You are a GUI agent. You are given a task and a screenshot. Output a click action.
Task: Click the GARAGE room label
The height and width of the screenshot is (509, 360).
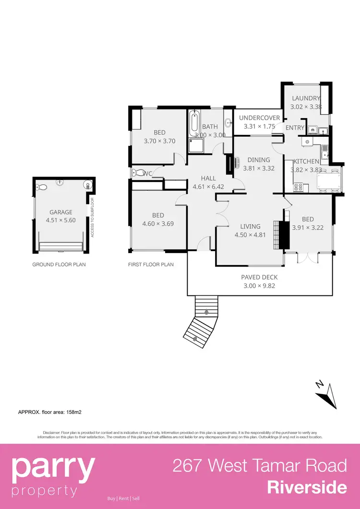tap(61, 212)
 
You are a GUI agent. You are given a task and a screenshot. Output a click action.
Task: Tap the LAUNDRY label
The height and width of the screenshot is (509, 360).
tap(306, 98)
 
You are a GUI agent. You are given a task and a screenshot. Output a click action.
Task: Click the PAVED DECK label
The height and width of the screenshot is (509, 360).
tap(259, 277)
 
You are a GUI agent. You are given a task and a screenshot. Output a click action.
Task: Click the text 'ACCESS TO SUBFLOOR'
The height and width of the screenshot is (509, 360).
tap(92, 218)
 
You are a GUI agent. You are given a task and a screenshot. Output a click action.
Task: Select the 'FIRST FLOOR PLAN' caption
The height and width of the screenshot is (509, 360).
tap(151, 265)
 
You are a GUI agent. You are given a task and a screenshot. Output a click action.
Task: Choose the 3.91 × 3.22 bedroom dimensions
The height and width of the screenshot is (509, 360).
tap(307, 228)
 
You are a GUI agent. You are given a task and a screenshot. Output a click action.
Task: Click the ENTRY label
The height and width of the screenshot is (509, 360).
tap(295, 128)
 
